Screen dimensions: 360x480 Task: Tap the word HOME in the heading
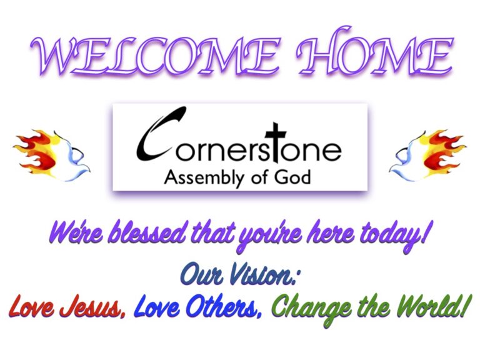coord(374,56)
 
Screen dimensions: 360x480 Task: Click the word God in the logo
coord(292,177)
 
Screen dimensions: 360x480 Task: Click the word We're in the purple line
coord(71,235)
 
